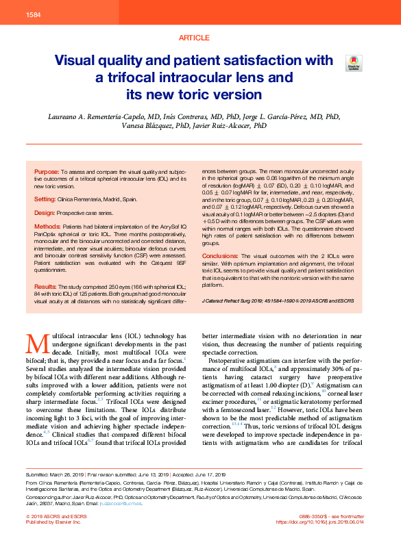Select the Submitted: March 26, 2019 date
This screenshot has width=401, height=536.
click(x=56, y=474)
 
